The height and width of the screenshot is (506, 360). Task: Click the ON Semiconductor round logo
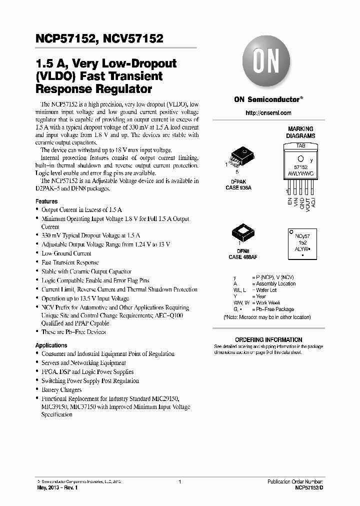click(268, 64)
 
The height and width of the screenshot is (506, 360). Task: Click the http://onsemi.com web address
click(268, 113)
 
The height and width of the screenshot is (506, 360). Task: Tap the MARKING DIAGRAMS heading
click(300, 132)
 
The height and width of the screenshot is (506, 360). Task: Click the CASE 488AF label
click(242, 257)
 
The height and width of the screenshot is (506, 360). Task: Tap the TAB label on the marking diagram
click(300, 145)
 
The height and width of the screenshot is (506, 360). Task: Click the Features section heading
click(46, 201)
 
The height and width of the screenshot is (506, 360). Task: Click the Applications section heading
click(51, 345)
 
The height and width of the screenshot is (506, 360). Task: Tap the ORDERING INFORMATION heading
click(268, 339)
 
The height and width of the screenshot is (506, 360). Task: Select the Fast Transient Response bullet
click(70, 262)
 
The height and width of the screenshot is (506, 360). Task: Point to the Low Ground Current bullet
click(66, 253)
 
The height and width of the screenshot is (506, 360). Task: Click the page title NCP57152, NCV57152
click(99, 39)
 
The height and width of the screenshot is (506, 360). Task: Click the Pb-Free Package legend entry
click(273, 309)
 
